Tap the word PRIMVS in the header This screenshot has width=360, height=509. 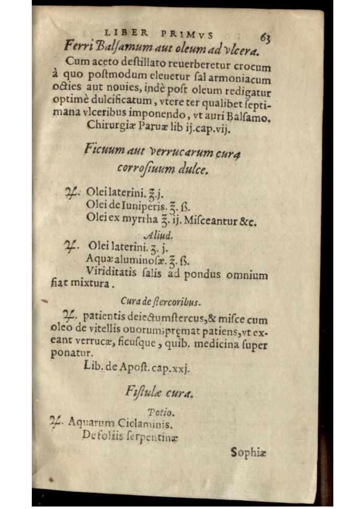[187, 34]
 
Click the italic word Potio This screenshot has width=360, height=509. [157, 412]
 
